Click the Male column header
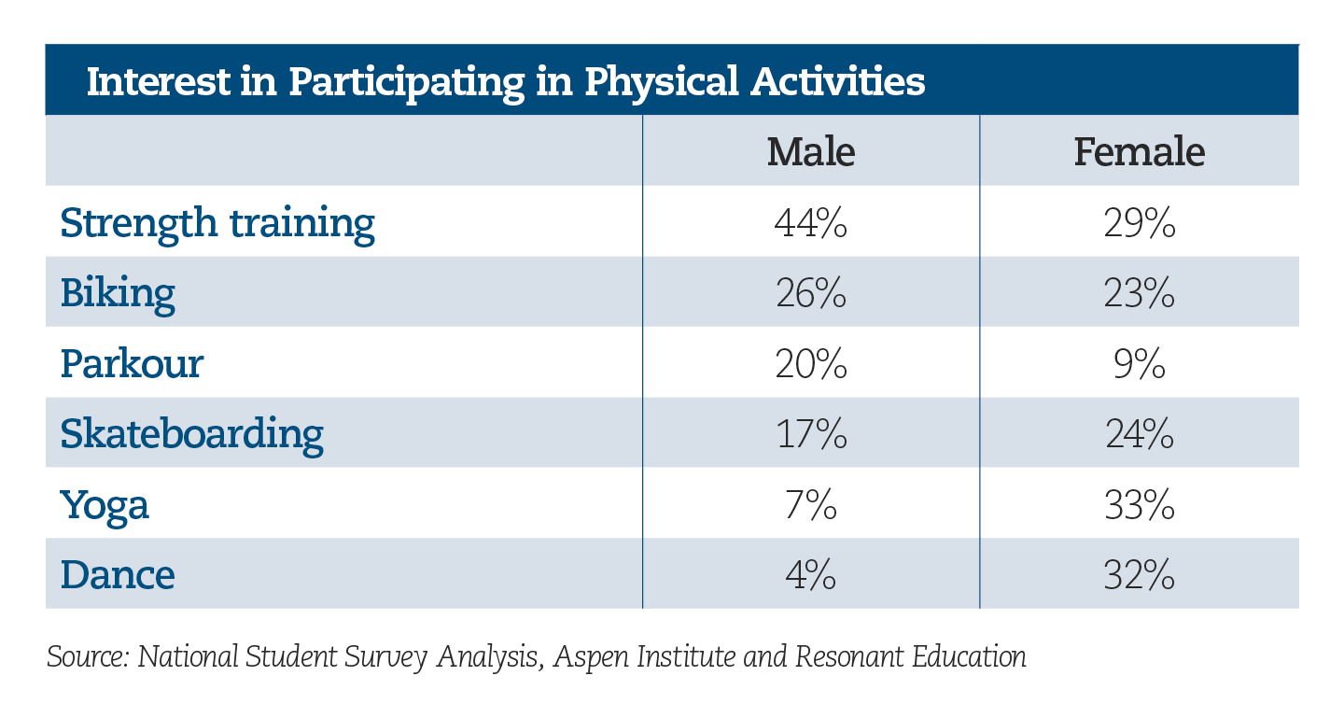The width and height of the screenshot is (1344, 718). (810, 151)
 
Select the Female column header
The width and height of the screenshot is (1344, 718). (1139, 151)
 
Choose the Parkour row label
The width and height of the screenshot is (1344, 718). (132, 364)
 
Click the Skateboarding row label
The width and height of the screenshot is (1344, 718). (192, 433)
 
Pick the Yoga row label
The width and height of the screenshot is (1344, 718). (105, 506)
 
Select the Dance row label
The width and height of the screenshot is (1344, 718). (118, 574)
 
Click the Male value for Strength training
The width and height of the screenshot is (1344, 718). (810, 223)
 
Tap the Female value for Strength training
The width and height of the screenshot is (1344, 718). (1140, 223)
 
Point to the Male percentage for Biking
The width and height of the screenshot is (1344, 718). (810, 293)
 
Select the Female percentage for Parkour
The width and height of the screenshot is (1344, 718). (1140, 364)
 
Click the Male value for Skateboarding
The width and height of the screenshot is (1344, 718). (811, 434)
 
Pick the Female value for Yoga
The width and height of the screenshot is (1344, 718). (1140, 504)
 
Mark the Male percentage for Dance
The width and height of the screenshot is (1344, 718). (810, 574)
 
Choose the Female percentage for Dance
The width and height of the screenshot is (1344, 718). (1140, 574)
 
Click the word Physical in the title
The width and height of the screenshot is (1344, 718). (661, 83)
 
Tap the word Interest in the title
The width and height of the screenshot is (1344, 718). (159, 81)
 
